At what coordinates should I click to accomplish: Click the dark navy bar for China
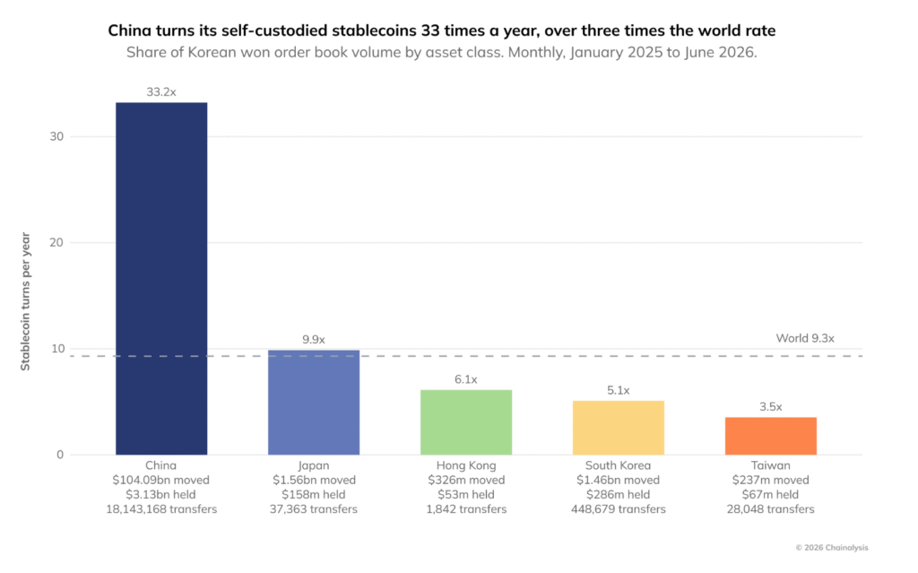[161, 278]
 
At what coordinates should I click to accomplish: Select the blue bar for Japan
[314, 403]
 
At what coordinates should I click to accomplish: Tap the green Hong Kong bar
[466, 422]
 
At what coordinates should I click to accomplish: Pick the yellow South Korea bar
[619, 428]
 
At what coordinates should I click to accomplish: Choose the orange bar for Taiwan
[770, 436]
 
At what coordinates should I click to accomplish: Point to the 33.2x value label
[161, 92]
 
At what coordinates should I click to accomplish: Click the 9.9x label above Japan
[314, 340]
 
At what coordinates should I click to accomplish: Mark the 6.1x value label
[466, 379]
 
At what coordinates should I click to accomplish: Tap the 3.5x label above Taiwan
[770, 406]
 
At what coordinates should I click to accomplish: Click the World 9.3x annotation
[805, 339]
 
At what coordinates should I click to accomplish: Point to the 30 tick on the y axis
[56, 136]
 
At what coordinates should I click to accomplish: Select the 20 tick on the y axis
[56, 242]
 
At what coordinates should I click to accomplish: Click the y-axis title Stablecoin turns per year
[25, 301]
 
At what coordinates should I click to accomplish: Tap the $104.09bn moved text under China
[161, 480]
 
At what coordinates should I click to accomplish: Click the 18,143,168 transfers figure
[161, 509]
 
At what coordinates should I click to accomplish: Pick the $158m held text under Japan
[314, 494]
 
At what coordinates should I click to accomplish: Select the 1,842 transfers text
[466, 509]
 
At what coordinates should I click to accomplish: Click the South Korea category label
[619, 465]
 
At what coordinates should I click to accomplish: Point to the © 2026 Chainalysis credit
[831, 548]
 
